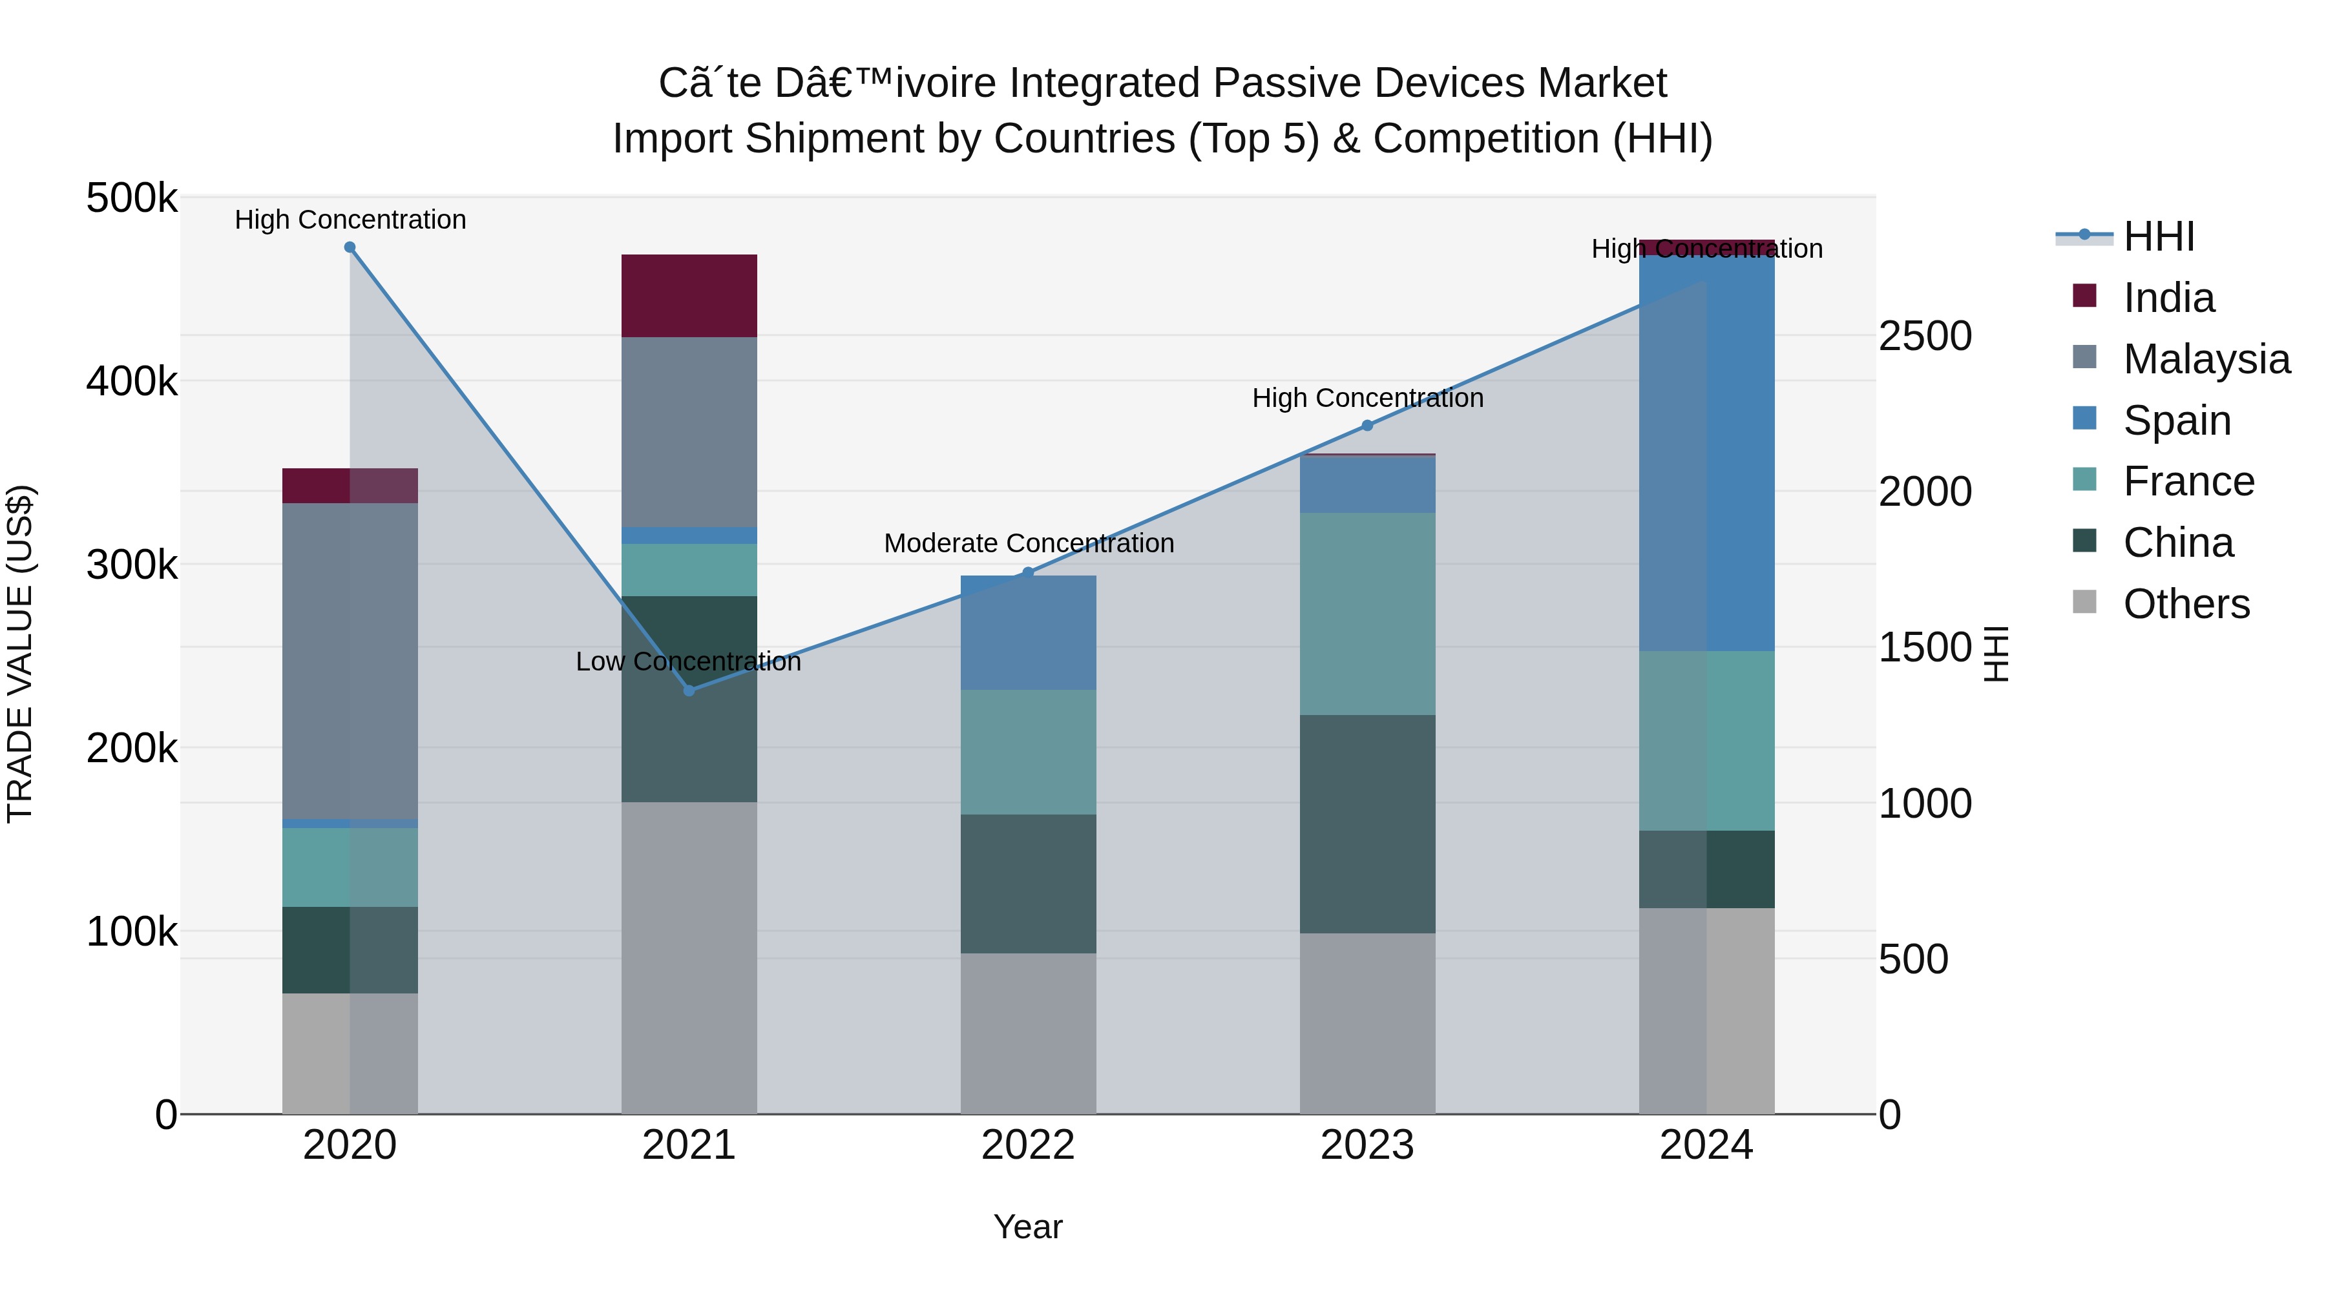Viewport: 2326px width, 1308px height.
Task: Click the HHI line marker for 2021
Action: tap(689, 690)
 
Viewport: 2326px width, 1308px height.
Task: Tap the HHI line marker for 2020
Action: tap(350, 247)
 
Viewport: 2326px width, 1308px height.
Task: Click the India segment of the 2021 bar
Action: tap(689, 296)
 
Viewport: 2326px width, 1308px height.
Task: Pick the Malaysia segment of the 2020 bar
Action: tap(350, 661)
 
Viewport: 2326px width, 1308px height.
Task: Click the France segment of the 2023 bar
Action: tap(1367, 614)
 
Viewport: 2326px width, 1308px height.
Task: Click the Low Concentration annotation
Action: tap(688, 661)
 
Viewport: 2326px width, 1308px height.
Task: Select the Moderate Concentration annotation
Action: tap(1029, 543)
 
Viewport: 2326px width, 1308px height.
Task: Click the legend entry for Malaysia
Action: tap(2206, 359)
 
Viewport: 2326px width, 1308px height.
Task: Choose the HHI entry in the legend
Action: tap(2158, 236)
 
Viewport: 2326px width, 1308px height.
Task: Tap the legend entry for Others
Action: tap(2186, 604)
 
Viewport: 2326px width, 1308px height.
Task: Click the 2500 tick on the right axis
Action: tap(1925, 336)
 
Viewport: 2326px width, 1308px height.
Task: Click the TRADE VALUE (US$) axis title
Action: tap(20, 654)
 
